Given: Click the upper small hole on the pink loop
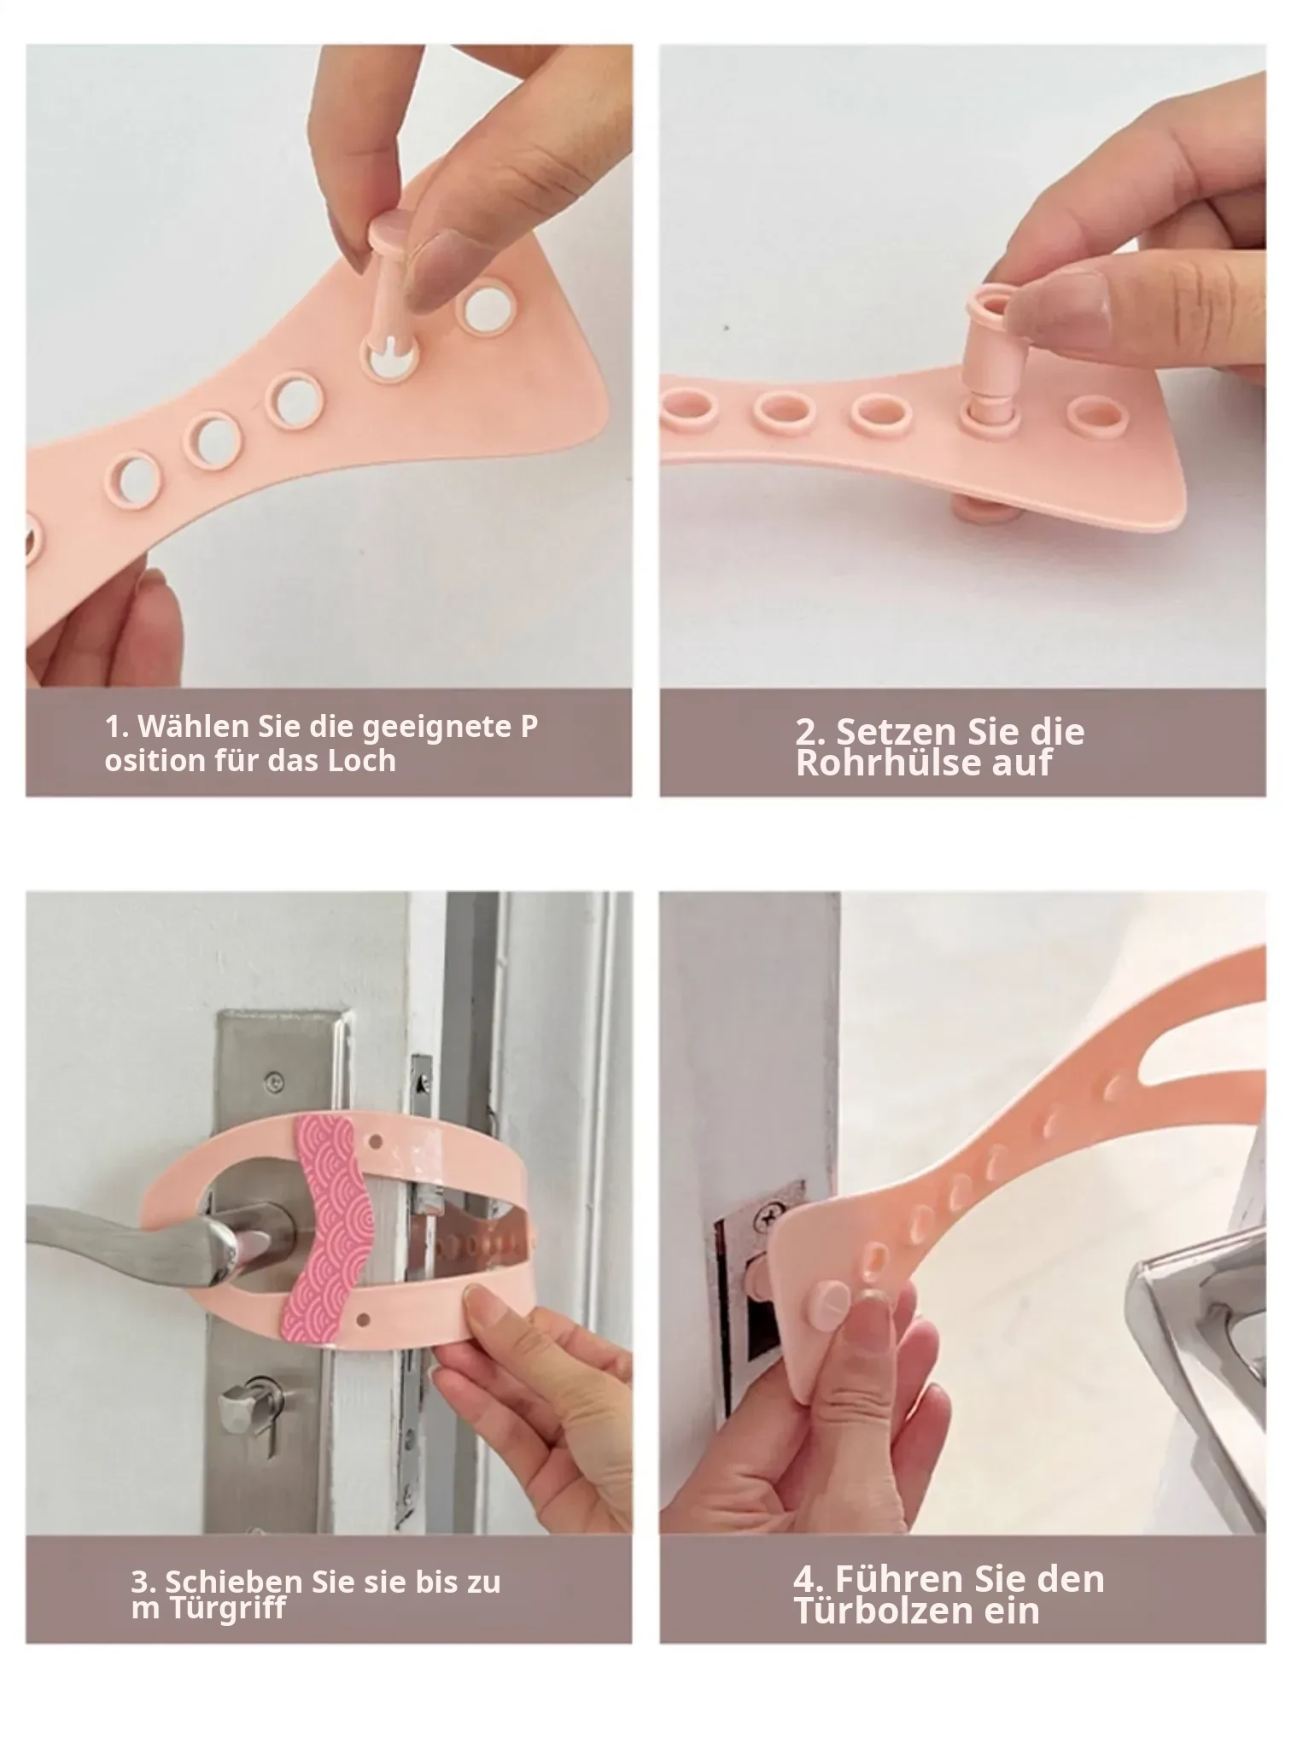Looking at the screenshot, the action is (371, 1141).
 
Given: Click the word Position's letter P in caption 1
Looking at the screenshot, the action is (529, 727).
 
